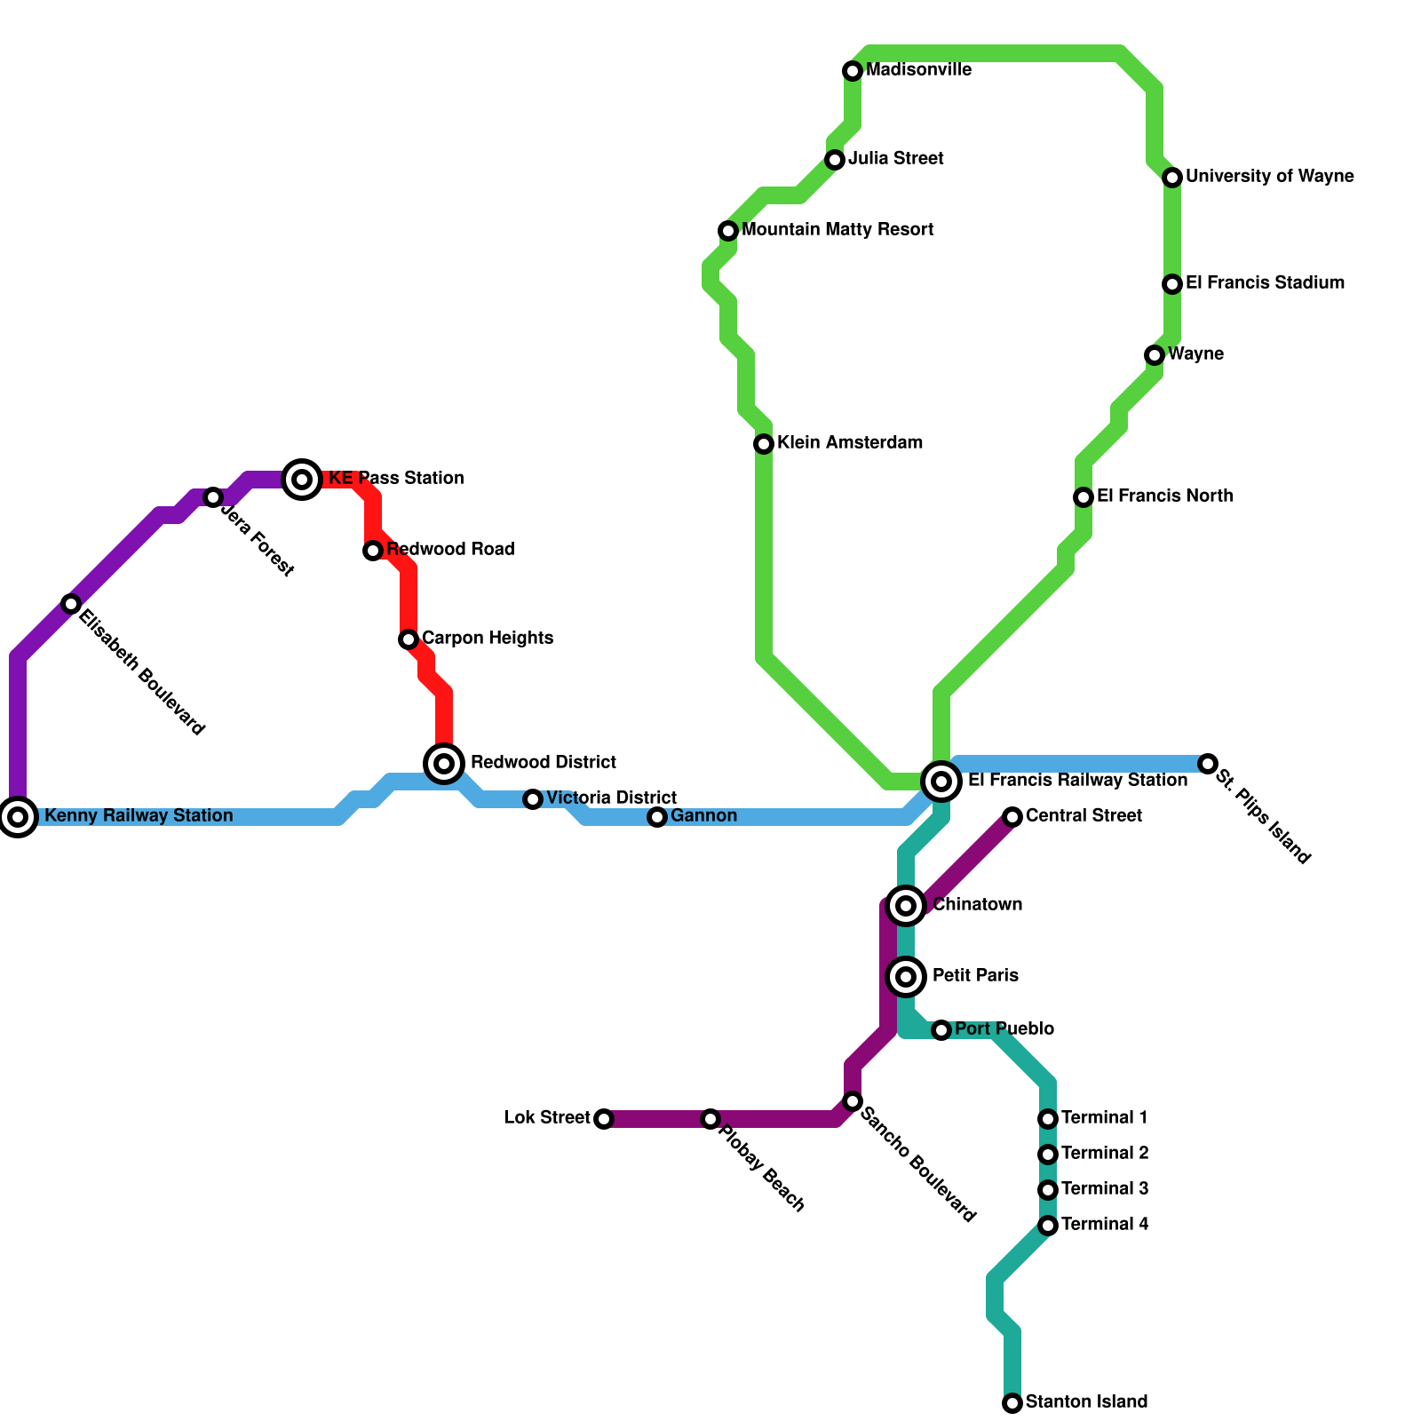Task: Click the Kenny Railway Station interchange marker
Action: coord(18,816)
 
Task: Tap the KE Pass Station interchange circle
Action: coord(302,480)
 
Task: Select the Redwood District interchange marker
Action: coord(445,763)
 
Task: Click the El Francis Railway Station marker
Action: coord(941,782)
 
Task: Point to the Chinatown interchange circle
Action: coord(906,905)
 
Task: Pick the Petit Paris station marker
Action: coord(906,976)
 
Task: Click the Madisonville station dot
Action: coord(853,70)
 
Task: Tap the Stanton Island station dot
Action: coord(1012,1402)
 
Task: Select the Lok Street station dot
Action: coord(604,1118)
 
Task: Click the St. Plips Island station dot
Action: coord(1207,764)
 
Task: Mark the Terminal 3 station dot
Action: coord(1048,1189)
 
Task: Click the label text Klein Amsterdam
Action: coord(849,442)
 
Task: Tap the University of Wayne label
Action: coord(1269,176)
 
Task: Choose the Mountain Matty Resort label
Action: coord(838,229)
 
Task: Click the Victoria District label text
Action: coord(611,798)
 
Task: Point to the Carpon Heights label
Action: coord(487,638)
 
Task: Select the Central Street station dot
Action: coord(1012,816)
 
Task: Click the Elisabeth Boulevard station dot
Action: coord(71,604)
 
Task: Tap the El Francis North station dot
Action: coord(1084,496)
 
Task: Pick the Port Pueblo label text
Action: coord(1004,1028)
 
